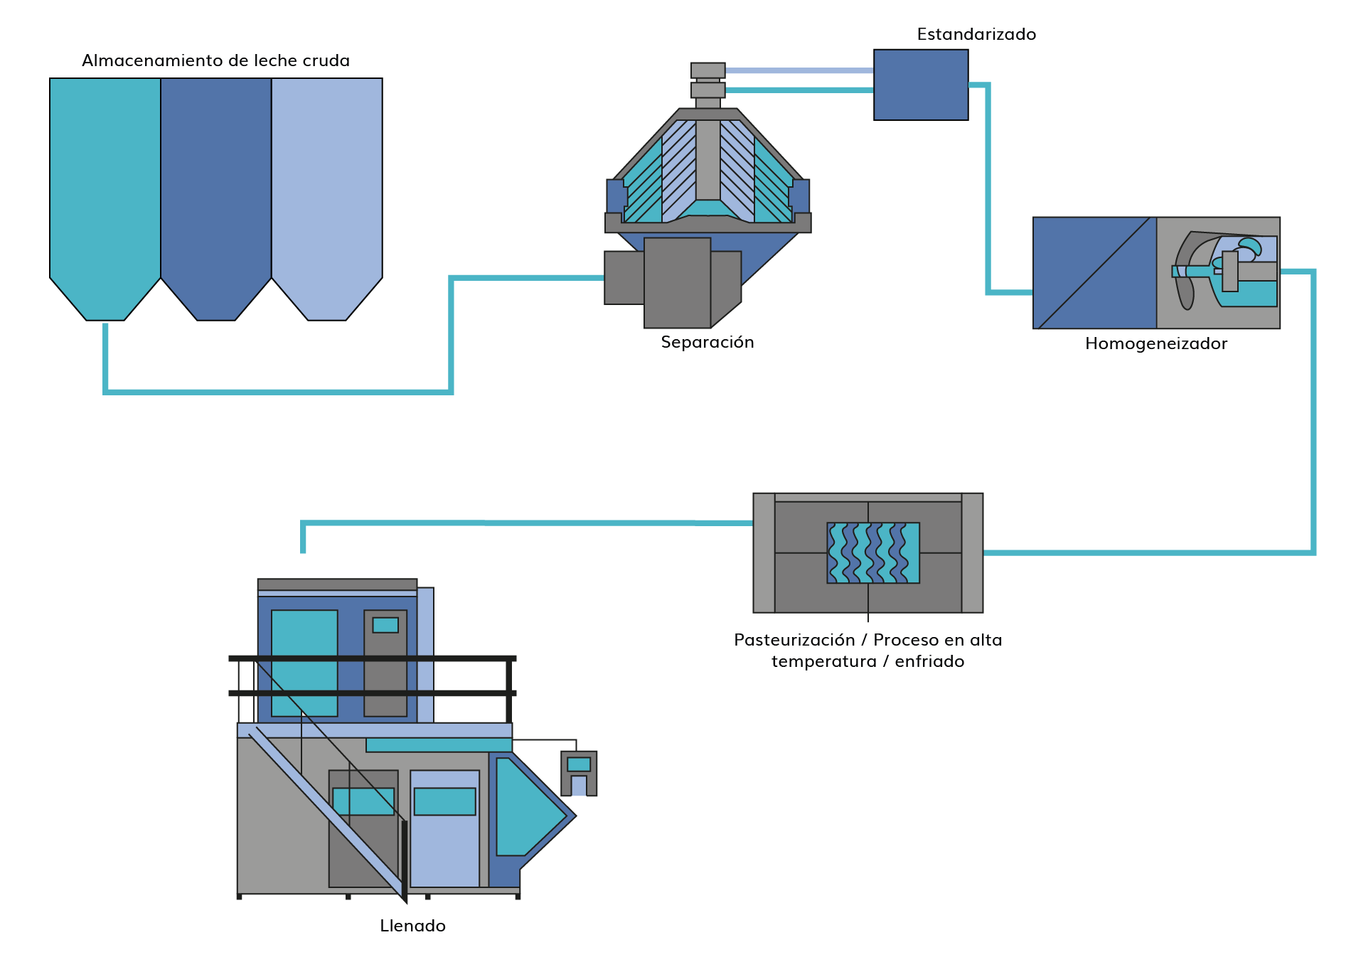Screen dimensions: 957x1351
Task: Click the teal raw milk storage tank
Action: [105, 192]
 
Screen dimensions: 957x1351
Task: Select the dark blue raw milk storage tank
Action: [216, 192]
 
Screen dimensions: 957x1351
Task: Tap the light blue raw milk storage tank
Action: [327, 192]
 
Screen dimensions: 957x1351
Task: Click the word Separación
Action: [707, 343]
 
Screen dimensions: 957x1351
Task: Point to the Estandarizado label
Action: [976, 34]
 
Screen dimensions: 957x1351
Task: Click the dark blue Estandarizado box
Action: [921, 85]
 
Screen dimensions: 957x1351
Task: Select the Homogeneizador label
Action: [1156, 344]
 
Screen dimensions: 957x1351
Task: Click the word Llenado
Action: [413, 926]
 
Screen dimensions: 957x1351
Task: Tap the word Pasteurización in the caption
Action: [794, 640]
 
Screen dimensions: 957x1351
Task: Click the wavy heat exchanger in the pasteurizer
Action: [873, 553]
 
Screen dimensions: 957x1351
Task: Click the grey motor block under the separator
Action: [677, 282]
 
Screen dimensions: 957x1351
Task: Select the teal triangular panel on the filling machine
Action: [526, 807]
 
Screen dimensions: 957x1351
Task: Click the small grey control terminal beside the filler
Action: [579, 773]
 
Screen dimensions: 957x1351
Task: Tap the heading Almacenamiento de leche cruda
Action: [215, 60]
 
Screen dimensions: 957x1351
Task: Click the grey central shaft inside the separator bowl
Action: [708, 160]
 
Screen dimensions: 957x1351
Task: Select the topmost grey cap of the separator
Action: [708, 70]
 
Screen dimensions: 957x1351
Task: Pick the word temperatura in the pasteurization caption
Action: [823, 662]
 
